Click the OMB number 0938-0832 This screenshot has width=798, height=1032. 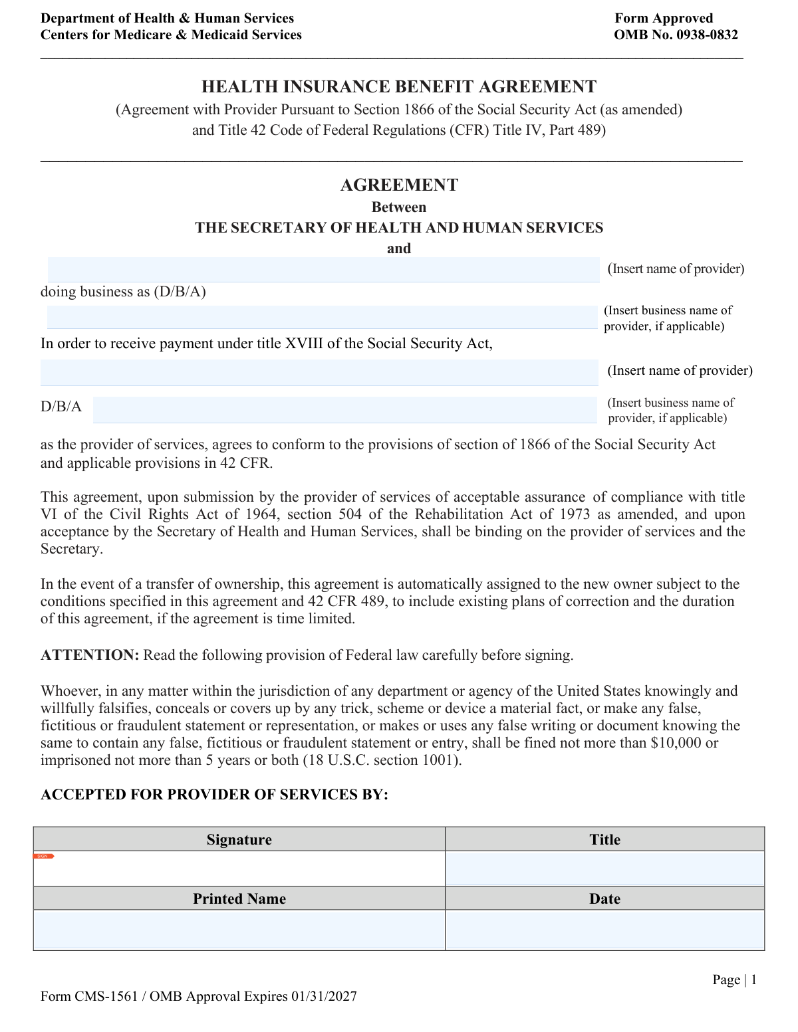click(x=707, y=35)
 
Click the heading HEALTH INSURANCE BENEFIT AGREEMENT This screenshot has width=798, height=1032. click(x=399, y=87)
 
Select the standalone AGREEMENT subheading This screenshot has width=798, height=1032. click(x=399, y=185)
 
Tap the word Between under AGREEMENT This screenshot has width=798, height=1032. click(x=399, y=207)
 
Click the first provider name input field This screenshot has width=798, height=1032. click(x=323, y=270)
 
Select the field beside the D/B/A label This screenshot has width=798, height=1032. click(x=344, y=409)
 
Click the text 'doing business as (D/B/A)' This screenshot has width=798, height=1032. click(x=123, y=292)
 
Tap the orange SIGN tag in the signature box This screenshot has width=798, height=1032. click(x=43, y=856)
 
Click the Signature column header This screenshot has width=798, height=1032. click(x=239, y=839)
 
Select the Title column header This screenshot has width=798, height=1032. click(x=604, y=839)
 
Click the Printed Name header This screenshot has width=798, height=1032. click(x=239, y=898)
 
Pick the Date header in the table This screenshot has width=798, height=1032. click(x=604, y=898)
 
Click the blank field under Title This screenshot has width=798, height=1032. click(x=604, y=869)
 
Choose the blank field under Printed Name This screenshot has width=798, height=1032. click(x=239, y=930)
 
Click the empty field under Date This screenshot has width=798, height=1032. click(x=604, y=930)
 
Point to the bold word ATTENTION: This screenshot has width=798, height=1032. click(x=90, y=655)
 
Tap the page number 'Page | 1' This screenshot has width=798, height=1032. click(x=734, y=980)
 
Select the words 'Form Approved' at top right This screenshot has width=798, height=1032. click(x=663, y=19)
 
